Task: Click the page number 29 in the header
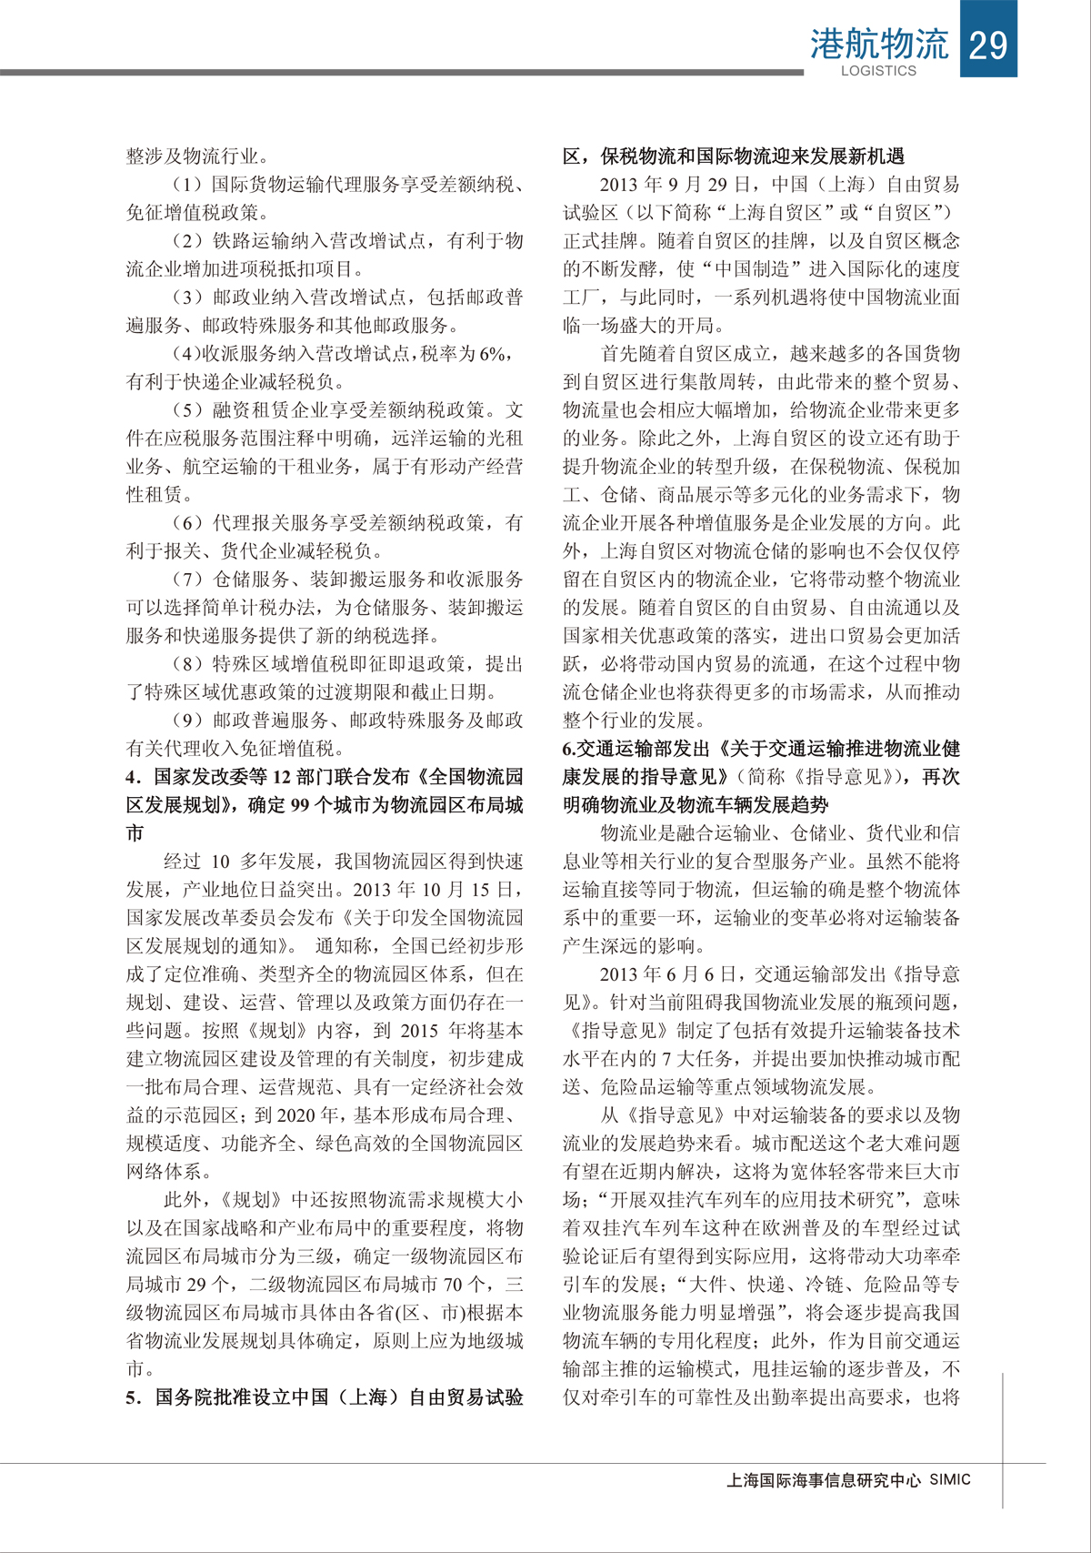988,43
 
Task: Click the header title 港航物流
878,44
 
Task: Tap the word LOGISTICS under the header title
878,71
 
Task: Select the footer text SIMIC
950,1479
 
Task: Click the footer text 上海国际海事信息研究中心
824,1480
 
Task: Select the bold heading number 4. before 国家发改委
134,777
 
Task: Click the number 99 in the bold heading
300,805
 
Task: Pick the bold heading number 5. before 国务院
134,1397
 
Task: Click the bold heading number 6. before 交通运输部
569,749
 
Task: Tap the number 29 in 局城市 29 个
196,1285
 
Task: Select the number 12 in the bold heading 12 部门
281,777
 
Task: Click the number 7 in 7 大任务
666,1059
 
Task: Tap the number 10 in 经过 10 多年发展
220,862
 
